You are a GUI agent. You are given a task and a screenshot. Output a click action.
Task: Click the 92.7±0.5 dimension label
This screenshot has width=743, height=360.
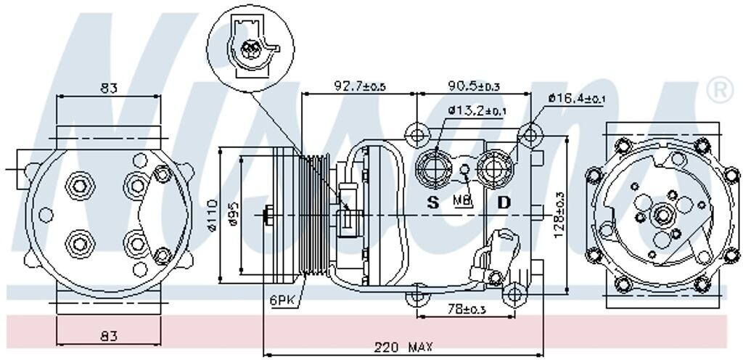point(359,86)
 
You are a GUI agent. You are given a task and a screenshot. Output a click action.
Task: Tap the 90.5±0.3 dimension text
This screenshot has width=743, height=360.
point(474,86)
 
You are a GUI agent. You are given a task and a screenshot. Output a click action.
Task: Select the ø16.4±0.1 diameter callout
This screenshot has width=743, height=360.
point(578,98)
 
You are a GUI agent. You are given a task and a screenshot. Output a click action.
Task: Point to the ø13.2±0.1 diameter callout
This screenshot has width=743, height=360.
point(476,111)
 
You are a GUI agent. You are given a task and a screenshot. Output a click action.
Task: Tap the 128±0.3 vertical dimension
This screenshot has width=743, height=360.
point(559,216)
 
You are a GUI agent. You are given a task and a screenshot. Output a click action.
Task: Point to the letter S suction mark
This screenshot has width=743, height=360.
point(433,202)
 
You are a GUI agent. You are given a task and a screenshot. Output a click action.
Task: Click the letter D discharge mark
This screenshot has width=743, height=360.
point(504,202)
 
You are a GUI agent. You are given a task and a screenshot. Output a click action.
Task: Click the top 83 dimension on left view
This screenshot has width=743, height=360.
point(109,89)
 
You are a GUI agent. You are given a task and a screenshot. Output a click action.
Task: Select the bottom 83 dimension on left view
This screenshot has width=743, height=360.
point(109,337)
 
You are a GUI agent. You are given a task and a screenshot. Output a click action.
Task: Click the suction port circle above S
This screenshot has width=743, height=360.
point(435,166)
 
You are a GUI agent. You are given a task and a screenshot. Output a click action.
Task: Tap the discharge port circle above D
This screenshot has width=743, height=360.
point(497,166)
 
